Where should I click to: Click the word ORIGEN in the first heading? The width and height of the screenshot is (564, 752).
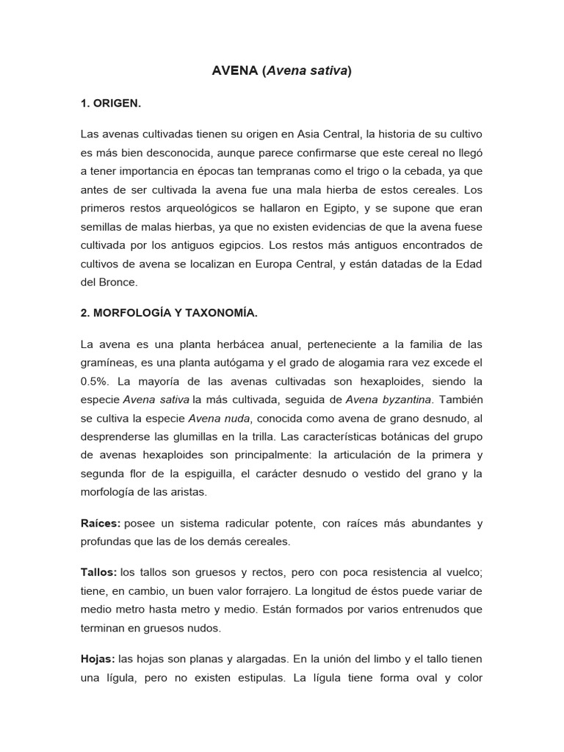pyautogui.click(x=115, y=104)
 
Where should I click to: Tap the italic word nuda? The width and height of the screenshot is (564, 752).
pyautogui.click(x=236, y=418)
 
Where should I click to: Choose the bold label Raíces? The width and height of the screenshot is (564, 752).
pyautogui.click(x=100, y=524)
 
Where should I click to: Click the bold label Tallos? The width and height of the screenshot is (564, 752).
pyautogui.click(x=98, y=572)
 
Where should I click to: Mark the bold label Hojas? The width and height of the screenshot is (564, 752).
pyautogui.click(x=98, y=659)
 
